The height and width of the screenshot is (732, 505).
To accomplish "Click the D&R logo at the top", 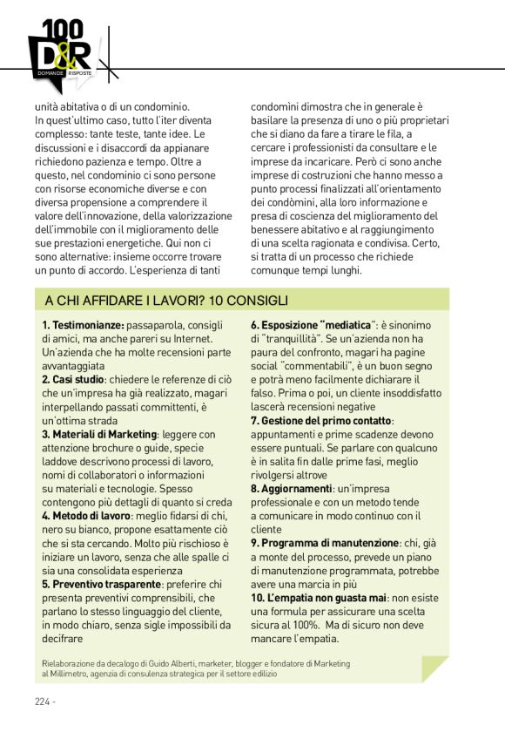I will tap(60, 55).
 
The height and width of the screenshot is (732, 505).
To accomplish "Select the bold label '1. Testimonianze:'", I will tap(83, 326).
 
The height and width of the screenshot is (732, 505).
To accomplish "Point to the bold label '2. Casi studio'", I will tap(73, 380).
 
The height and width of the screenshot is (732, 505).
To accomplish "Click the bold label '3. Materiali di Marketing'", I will tap(99, 434).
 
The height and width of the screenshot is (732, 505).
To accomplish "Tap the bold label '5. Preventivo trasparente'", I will tap(101, 583).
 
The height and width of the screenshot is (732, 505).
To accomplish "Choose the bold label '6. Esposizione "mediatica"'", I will tap(312, 326).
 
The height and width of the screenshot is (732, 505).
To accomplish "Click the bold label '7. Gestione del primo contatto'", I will tap(322, 421).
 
